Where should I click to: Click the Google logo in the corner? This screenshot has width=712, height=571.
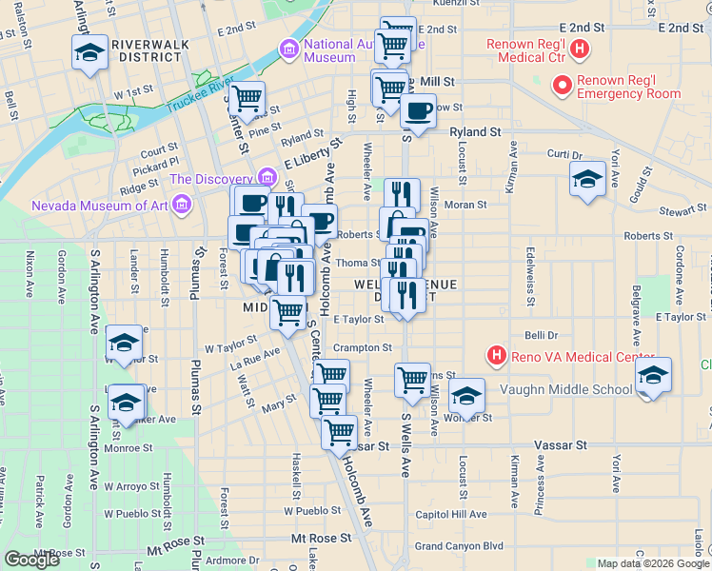click(x=31, y=560)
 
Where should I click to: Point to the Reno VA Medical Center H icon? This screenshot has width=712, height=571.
click(x=495, y=357)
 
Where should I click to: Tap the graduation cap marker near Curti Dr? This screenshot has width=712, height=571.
click(x=587, y=179)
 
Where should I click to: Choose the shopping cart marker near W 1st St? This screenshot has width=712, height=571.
click(x=247, y=97)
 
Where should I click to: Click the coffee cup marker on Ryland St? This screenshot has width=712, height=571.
click(x=417, y=109)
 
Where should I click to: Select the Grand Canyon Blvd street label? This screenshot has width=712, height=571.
click(x=459, y=546)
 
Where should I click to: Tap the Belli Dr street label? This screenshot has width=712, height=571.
click(x=541, y=335)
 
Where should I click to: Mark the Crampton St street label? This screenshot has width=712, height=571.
click(x=363, y=348)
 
